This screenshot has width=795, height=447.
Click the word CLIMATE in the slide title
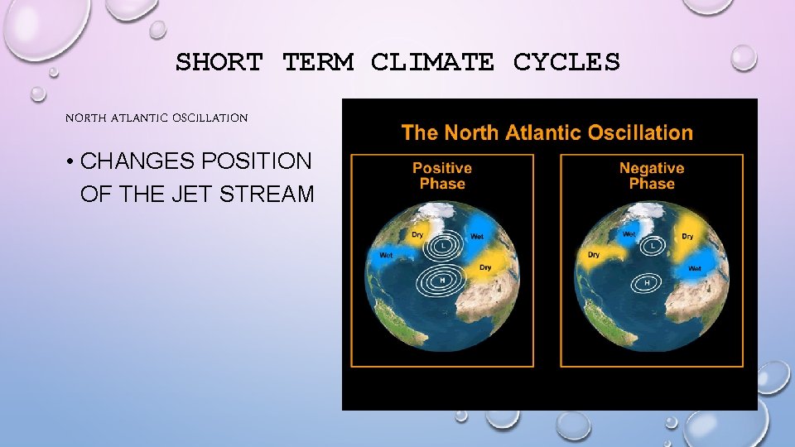tap(432, 62)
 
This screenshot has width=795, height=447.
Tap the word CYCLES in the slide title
tap(566, 62)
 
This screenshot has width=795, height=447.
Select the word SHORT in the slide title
tap(219, 62)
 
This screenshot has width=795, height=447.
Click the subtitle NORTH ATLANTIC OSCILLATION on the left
tap(157, 118)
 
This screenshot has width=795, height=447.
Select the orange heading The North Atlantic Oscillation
tap(547, 132)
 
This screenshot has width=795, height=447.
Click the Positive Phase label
tap(442, 175)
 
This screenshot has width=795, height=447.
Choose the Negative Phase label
tap(652, 175)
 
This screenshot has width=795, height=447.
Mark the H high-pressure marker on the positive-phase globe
tap(442, 280)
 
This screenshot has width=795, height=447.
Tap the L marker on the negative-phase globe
tap(653, 246)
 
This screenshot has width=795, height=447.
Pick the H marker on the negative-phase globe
tap(647, 283)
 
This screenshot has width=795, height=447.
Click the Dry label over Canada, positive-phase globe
tap(417, 235)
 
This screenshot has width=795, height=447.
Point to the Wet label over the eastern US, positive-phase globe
tap(386, 255)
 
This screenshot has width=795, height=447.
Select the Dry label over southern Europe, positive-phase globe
tap(485, 267)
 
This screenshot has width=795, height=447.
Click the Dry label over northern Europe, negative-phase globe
tap(687, 237)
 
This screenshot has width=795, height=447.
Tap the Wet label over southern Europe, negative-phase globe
tap(694, 268)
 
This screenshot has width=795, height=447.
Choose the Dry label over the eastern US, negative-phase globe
tap(594, 255)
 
